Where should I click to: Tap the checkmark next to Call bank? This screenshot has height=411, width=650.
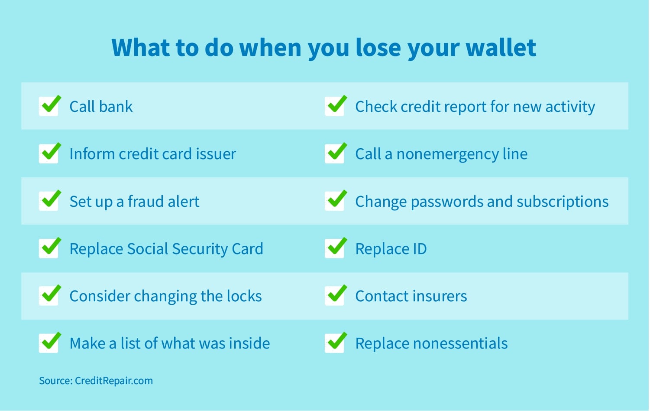click(50, 106)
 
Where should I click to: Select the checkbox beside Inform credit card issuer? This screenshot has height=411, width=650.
click(50, 153)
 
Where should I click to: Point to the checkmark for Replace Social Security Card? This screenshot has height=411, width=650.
click(50, 248)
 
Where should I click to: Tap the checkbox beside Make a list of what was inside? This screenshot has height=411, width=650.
click(50, 342)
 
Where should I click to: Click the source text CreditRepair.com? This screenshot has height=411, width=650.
click(114, 381)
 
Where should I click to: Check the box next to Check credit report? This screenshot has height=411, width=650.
click(336, 106)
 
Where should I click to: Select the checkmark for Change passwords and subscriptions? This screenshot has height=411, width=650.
click(336, 201)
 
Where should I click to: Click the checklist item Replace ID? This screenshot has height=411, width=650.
click(391, 249)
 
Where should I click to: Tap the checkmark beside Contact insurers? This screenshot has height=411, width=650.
click(336, 295)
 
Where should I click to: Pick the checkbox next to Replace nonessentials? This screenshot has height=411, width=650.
click(336, 342)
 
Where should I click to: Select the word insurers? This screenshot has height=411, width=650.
click(439, 296)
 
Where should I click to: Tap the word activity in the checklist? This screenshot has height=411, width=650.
click(570, 107)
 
